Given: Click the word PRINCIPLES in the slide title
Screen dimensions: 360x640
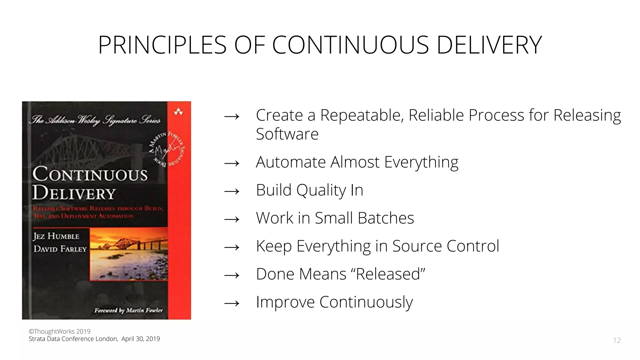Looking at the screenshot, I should (162, 45).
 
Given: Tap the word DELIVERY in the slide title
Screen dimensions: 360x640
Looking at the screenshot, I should (489, 45).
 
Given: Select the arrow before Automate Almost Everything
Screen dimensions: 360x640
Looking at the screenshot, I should (232, 163).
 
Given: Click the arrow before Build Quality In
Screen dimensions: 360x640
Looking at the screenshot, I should (232, 191).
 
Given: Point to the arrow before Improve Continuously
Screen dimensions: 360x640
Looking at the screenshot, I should (232, 303).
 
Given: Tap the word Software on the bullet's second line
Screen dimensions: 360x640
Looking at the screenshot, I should (287, 134).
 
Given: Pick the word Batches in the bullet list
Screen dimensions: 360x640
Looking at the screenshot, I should (386, 218).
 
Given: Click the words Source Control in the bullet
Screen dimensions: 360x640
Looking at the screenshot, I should (446, 246).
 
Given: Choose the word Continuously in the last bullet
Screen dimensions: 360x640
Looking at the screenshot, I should (366, 302).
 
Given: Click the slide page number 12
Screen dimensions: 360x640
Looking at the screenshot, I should (617, 340).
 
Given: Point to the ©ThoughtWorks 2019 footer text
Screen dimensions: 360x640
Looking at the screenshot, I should (59, 332).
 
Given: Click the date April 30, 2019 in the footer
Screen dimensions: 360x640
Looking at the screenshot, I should (141, 339).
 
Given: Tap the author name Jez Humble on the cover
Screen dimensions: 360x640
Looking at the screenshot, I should (56, 236).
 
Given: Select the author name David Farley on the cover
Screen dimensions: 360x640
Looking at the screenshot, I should (60, 249).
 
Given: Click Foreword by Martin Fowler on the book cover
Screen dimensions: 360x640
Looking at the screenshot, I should (128, 310).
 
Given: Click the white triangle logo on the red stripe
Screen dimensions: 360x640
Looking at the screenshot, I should (178, 112).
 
